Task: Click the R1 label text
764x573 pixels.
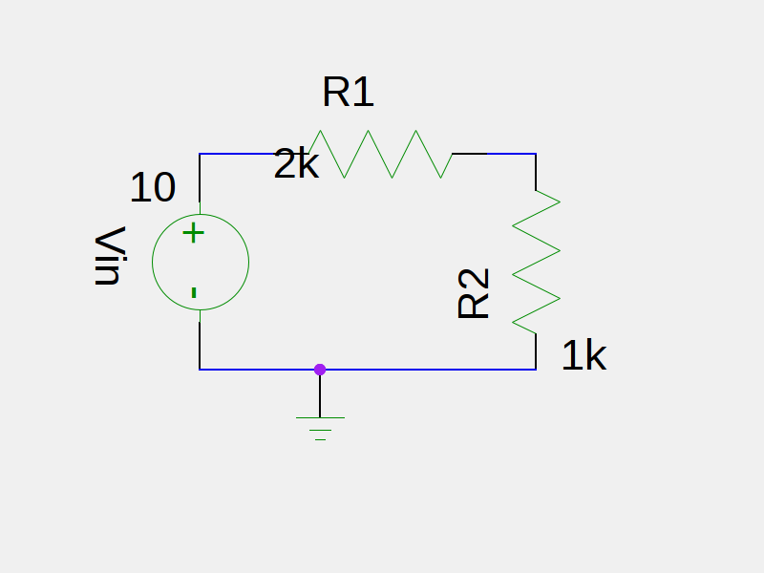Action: [x=349, y=93]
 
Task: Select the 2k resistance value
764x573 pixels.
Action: [x=296, y=165]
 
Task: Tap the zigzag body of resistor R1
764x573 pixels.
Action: [x=380, y=154]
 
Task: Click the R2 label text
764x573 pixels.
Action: [x=475, y=293]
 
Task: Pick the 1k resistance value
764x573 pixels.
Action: [x=584, y=356]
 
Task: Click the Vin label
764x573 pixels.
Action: [x=110, y=256]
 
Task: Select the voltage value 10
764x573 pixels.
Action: [x=153, y=188]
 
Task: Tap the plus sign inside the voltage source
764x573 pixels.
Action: [x=194, y=232]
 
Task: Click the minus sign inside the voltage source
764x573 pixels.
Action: [x=194, y=292]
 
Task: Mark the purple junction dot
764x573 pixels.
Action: [x=320, y=369]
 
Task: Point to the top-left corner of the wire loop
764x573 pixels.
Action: [x=200, y=154]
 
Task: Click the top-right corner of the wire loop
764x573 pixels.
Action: [x=536, y=154]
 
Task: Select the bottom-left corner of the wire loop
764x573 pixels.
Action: [x=200, y=369]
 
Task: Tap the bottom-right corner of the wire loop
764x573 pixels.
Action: [x=536, y=369]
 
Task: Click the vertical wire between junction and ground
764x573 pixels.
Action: [x=320, y=393]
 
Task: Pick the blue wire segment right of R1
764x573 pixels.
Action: [x=511, y=154]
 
